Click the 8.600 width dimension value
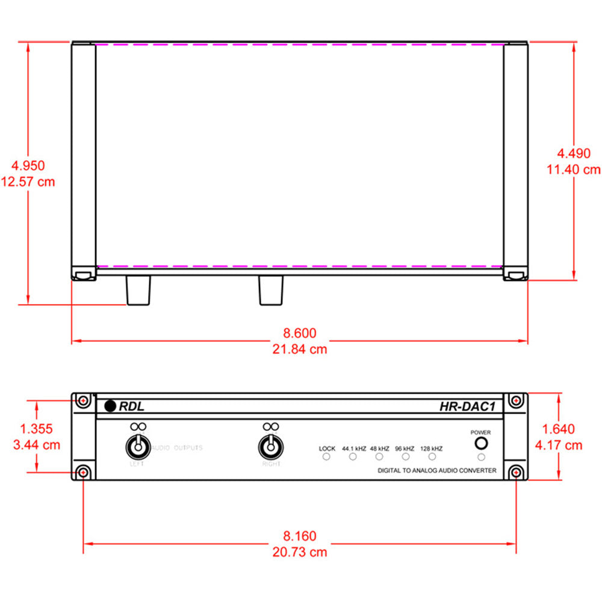pos(299,332)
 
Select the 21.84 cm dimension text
pos(299,349)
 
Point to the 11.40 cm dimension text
pos(573,170)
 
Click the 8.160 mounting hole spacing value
pos(299,535)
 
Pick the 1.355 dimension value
pos(36,429)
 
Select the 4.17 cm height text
pos(559,445)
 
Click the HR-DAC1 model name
pos(467,406)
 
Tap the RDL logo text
pos(131,406)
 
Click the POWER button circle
pos(480,444)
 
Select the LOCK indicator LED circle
pos(327,458)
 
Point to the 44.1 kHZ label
pos(353,448)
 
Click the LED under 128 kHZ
pos(432,458)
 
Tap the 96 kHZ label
pos(405,448)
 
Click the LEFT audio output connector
pos(137,447)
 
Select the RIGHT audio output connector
pos(270,447)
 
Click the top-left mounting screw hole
pos(83,401)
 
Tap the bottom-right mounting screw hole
pos(516,471)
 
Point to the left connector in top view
pos(137,290)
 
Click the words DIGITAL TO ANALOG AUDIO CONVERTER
pos(436,470)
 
